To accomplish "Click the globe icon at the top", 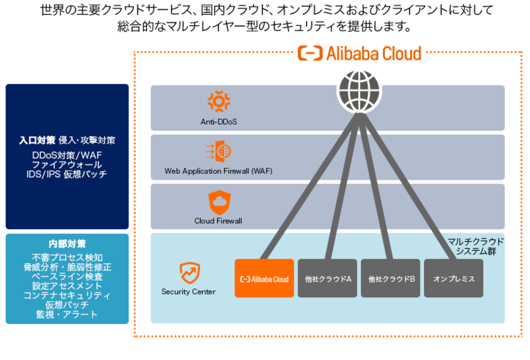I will [x=358, y=90].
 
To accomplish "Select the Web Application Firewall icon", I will [x=218, y=151].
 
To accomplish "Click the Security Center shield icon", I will [x=189, y=272].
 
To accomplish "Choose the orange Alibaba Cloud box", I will [x=264, y=278].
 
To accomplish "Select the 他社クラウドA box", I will [x=327, y=278].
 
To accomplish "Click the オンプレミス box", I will [x=454, y=278].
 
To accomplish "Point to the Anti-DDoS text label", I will [x=218, y=121].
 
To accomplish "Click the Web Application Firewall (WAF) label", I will [x=218, y=171].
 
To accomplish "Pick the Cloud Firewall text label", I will [x=218, y=221].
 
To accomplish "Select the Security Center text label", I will [x=189, y=292].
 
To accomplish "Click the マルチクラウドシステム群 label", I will [x=476, y=247].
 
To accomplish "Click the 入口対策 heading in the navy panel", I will [x=37, y=141].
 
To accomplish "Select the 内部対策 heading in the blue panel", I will [x=67, y=243].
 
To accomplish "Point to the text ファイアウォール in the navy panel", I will [x=67, y=164].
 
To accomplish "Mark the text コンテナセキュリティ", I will [x=67, y=295].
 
